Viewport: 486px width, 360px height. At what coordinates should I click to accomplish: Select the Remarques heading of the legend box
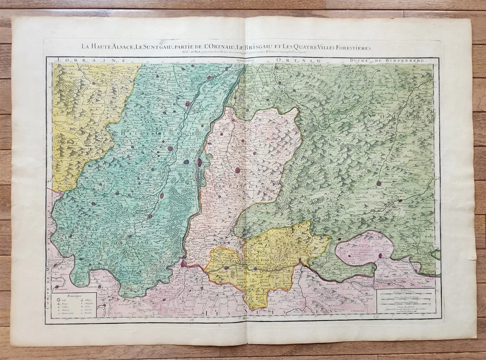pyautogui.click(x=73, y=295)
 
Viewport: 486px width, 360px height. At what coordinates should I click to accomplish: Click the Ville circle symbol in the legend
pyautogui.click(x=58, y=300)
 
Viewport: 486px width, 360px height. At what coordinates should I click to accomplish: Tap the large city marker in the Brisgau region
pyautogui.click(x=238, y=170)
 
